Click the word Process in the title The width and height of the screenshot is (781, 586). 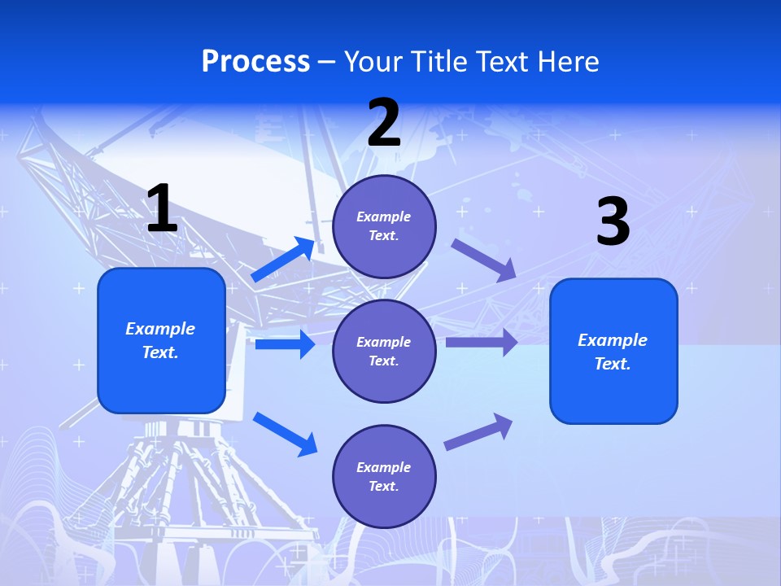255,61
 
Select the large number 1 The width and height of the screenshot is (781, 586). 162,209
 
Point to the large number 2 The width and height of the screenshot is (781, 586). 384,123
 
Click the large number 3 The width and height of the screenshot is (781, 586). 613,221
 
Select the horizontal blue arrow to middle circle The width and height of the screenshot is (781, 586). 285,344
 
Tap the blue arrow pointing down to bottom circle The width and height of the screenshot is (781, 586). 285,433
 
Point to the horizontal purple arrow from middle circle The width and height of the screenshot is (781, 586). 482,343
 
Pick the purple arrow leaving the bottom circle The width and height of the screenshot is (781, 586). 478,432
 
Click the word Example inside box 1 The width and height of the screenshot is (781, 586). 160,329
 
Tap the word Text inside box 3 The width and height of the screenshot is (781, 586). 612,364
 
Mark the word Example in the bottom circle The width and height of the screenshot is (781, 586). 383,467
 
